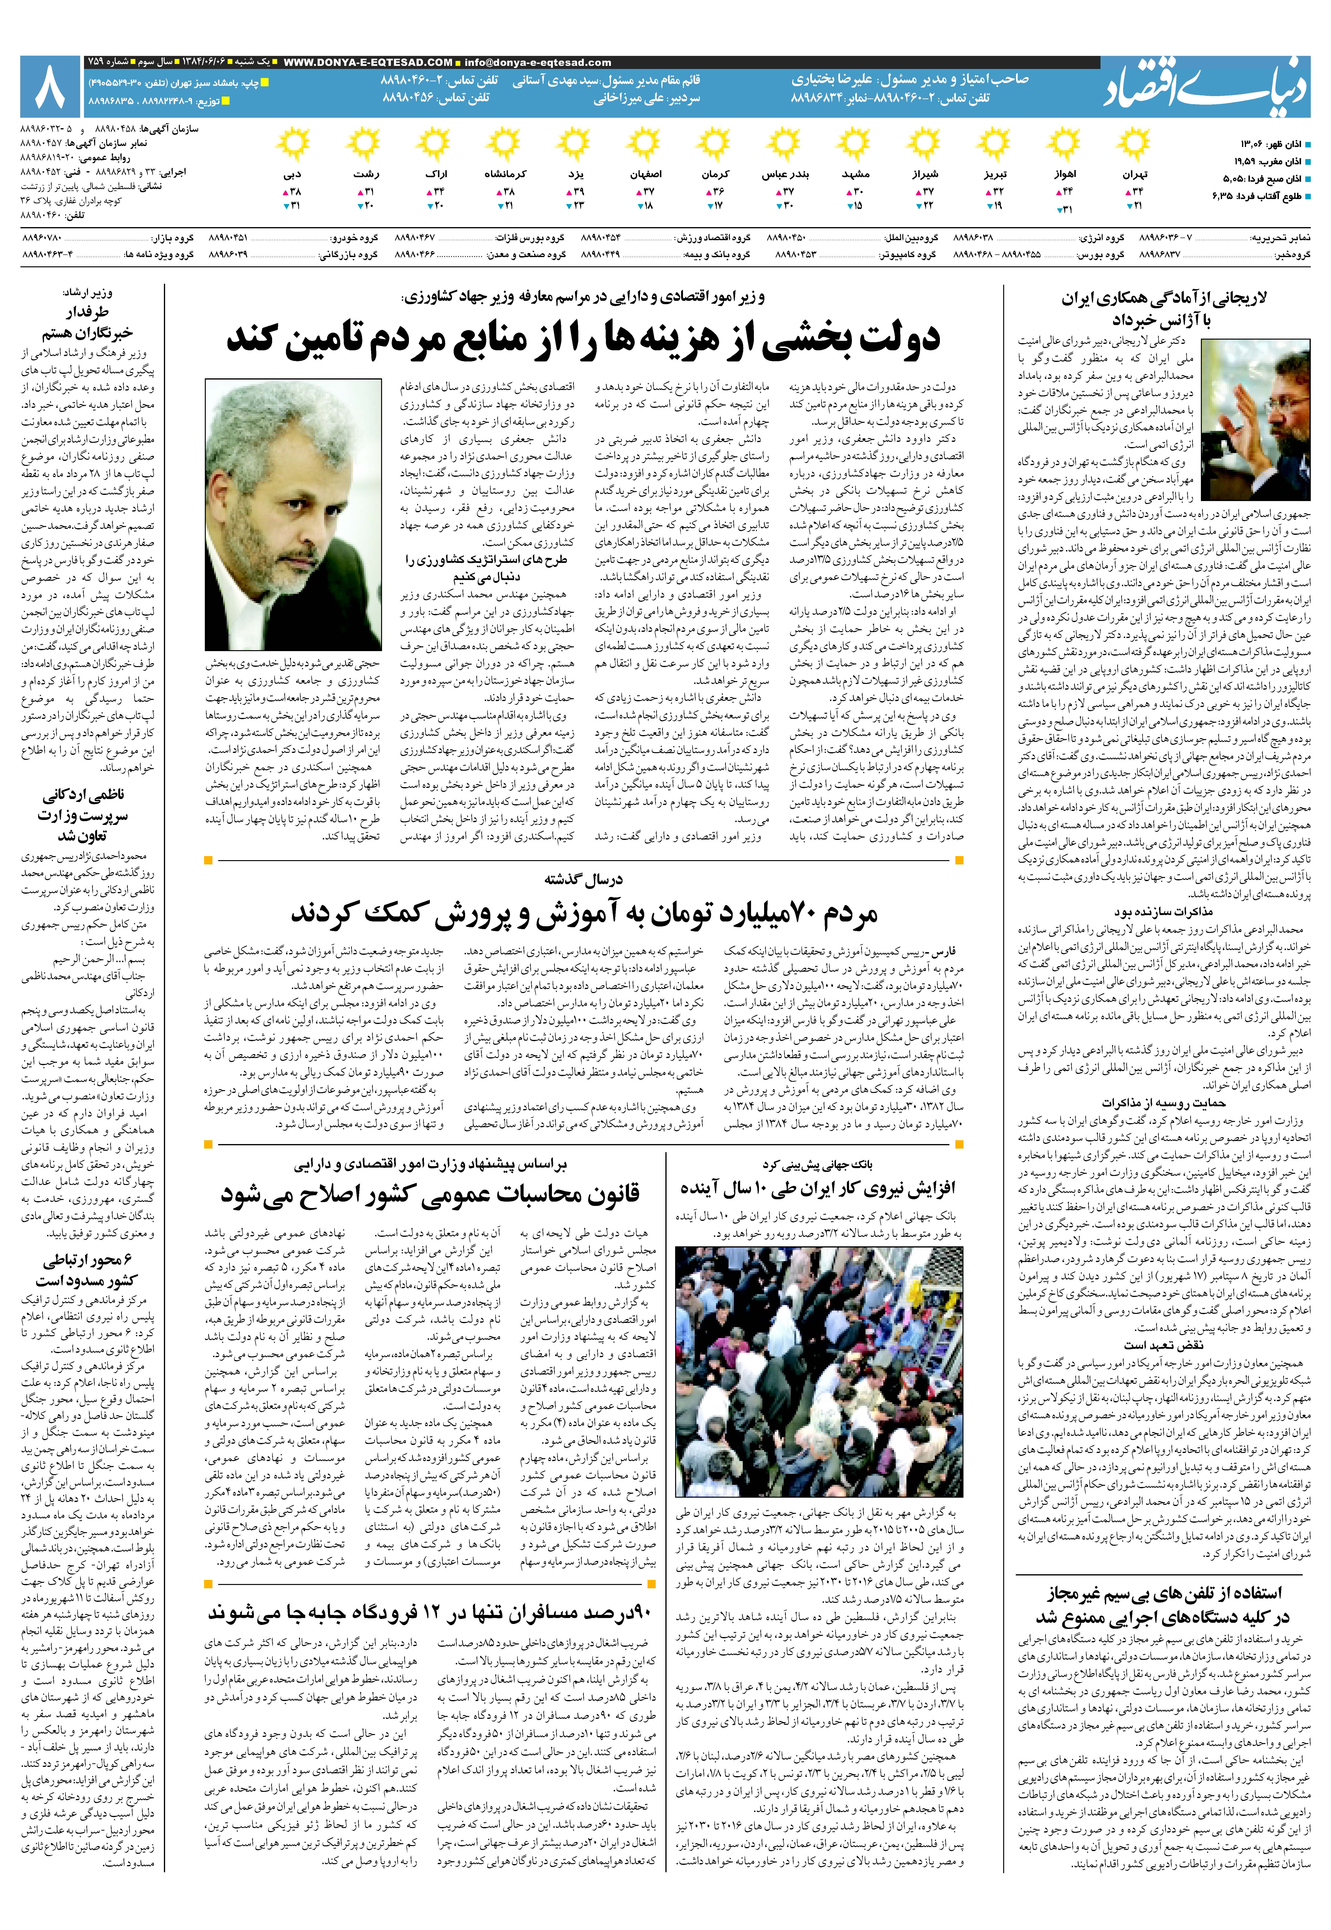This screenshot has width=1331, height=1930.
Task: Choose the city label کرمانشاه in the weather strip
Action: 505,174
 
